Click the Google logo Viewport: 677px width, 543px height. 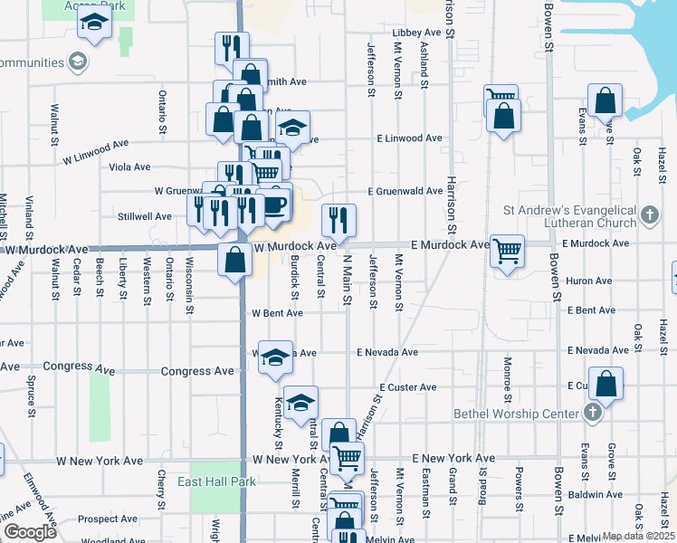coord(29,533)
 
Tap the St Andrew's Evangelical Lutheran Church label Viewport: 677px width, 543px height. coord(572,215)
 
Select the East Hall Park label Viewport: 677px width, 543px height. coord(210,481)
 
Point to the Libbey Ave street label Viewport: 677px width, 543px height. coord(416,33)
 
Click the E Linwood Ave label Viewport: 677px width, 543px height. coord(410,138)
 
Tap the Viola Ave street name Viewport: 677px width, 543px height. coord(129,167)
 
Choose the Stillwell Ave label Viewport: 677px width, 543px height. coord(145,216)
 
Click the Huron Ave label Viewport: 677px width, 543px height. coord(589,281)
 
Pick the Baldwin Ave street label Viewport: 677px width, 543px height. coord(596,495)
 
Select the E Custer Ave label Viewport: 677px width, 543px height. coord(408,387)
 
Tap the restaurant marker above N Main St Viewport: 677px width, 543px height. coord(338,218)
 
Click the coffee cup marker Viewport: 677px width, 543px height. coord(275,202)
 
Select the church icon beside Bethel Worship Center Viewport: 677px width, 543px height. coord(593,414)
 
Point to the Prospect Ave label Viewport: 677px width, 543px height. coord(108,519)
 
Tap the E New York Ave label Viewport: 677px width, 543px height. coord(453,459)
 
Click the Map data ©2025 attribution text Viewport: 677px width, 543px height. coord(637,536)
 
